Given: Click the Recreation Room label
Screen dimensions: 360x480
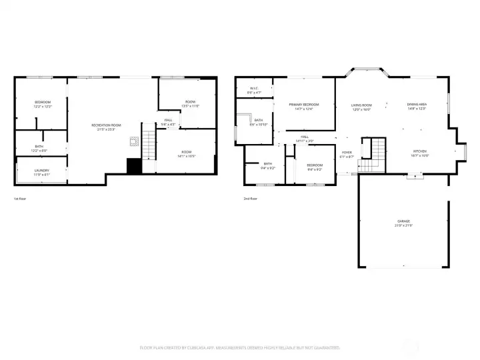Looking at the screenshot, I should [107, 127].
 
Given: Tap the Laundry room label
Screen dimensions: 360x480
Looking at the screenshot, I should [42, 172].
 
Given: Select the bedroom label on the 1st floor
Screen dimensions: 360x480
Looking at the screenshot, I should [43, 103].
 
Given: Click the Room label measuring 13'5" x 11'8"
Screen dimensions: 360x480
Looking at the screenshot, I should [191, 103].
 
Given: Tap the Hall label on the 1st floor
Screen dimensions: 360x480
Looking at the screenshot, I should [168, 122].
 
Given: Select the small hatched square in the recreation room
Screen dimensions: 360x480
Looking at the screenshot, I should [133, 141].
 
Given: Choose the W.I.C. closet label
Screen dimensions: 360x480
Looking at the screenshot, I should [254, 90].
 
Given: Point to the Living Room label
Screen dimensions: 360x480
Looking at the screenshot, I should [361, 107].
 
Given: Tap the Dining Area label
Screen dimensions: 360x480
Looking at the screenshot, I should [417, 107].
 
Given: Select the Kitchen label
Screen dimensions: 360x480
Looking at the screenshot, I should [419, 153].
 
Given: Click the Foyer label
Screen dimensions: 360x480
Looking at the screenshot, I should [347, 155].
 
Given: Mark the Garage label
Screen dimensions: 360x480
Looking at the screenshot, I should [404, 223].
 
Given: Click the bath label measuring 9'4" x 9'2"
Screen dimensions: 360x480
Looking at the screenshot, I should [267, 165].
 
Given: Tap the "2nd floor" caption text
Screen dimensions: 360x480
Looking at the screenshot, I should [251, 199].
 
